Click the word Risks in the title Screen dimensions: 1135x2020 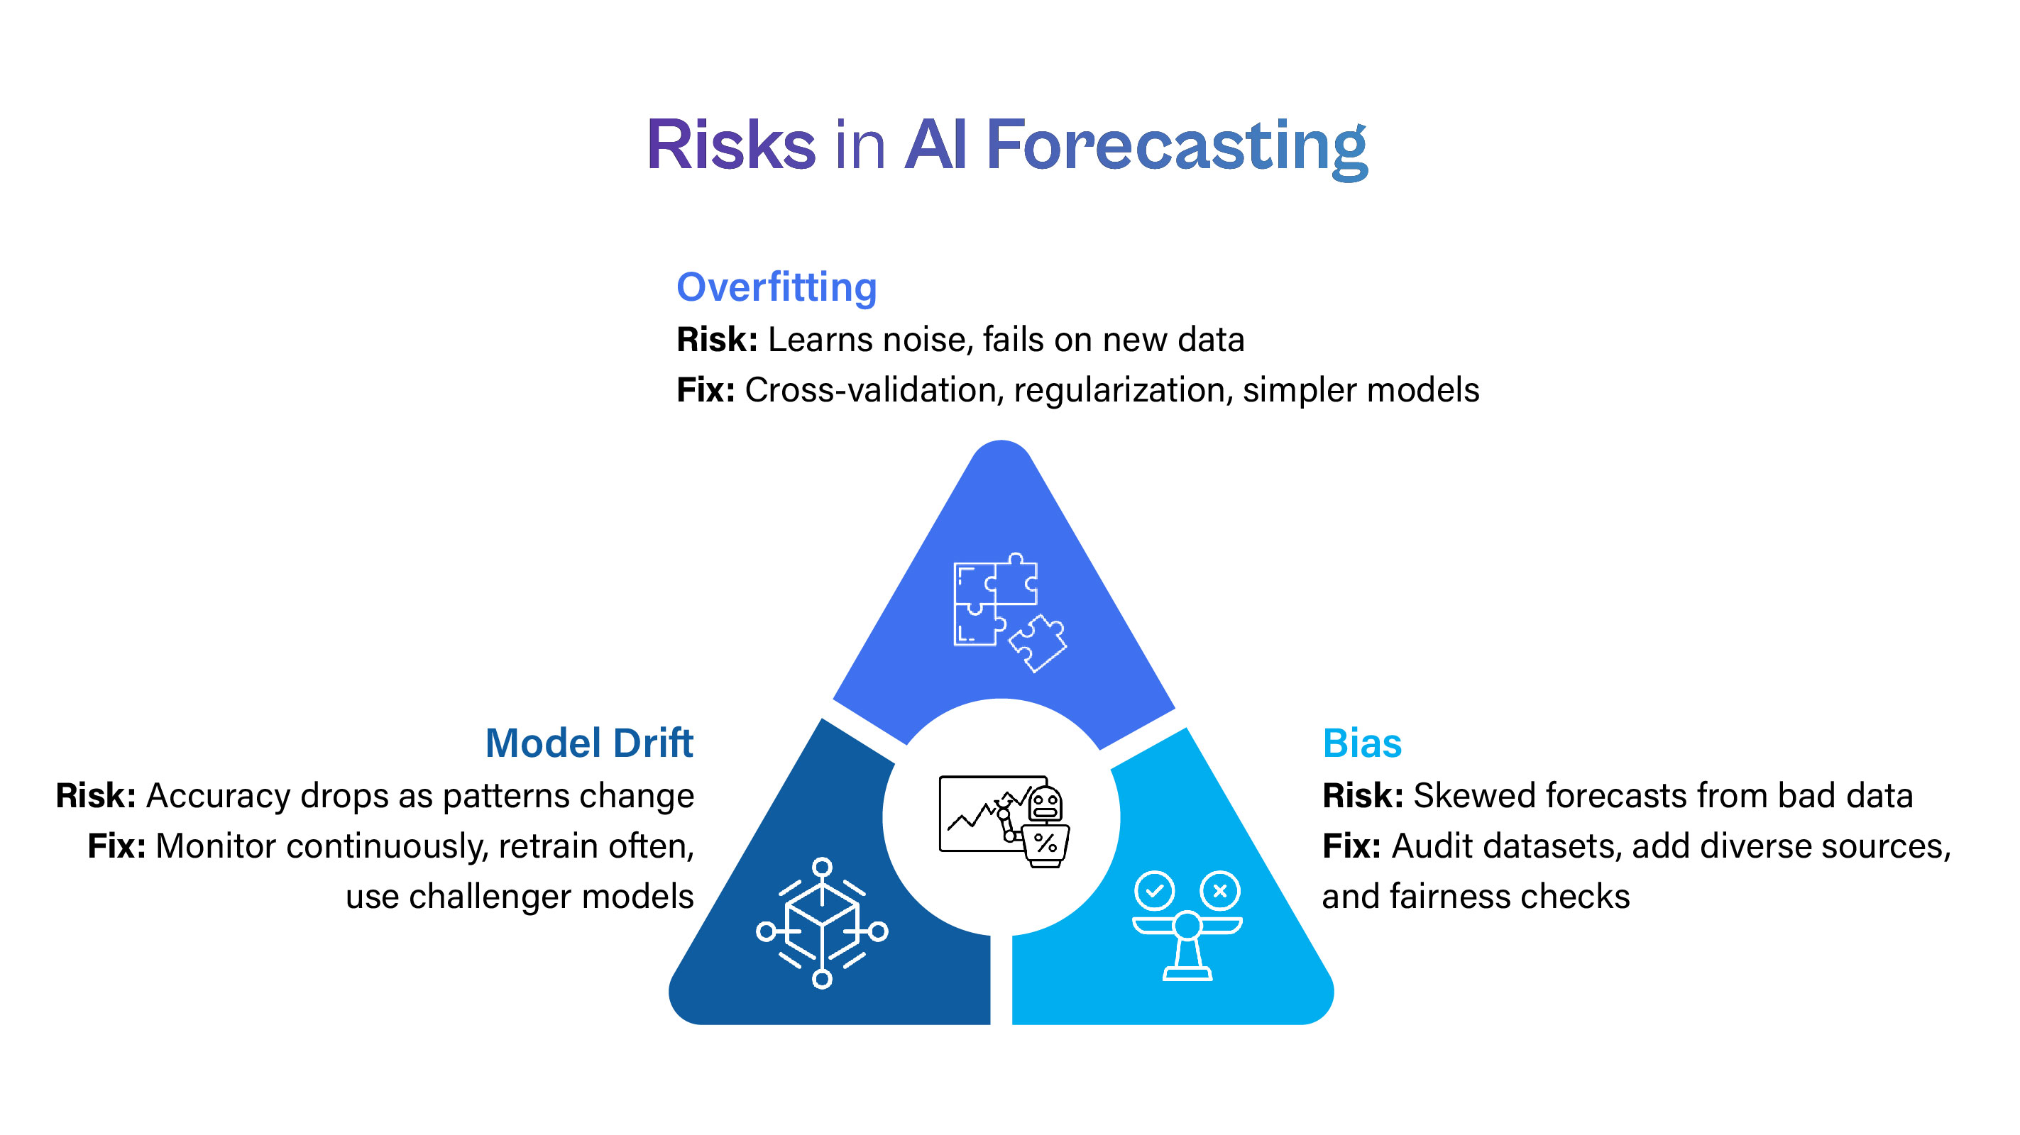[x=731, y=146]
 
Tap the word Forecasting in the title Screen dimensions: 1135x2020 [x=1176, y=146]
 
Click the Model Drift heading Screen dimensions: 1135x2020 [x=589, y=743]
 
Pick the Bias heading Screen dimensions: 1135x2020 [x=1362, y=743]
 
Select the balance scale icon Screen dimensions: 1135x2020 [x=1187, y=936]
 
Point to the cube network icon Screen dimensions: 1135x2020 [x=822, y=924]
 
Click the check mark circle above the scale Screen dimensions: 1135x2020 [x=1154, y=890]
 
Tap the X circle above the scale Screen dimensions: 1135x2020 [x=1220, y=890]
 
